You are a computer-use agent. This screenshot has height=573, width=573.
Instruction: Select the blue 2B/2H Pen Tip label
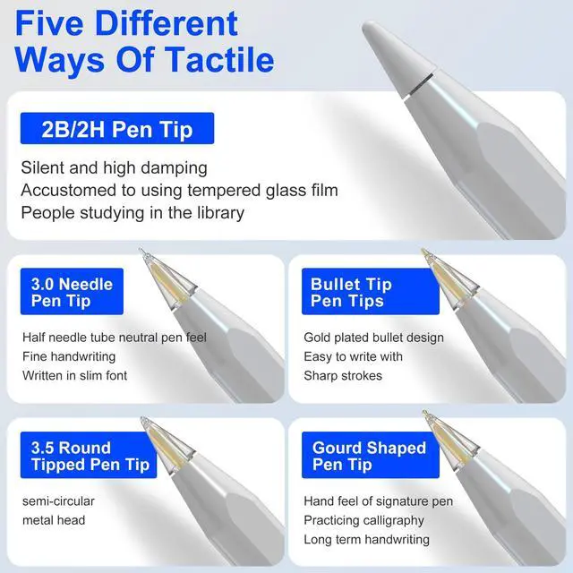coord(117,128)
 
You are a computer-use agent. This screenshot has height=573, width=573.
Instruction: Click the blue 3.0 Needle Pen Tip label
coord(72,291)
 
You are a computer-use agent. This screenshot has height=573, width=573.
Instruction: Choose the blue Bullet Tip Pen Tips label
coord(370,291)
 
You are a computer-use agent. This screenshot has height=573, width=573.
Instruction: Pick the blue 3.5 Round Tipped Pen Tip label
coord(89,455)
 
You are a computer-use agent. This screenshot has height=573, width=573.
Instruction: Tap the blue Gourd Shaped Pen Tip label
coord(370,455)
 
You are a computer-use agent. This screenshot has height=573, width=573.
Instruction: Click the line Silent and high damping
coord(114,167)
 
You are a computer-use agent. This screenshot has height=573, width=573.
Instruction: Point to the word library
coord(221,212)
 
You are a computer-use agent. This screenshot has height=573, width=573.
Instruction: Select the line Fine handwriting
coord(69,356)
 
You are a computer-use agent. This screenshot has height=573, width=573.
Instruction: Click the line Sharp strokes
coord(343,375)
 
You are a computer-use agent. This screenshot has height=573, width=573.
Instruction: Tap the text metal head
coord(54,520)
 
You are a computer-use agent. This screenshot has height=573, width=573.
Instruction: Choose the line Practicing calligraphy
coord(364,520)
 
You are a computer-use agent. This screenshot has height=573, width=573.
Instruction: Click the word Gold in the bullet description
coord(316,338)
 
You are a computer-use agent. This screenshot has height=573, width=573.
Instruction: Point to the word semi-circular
coord(58,501)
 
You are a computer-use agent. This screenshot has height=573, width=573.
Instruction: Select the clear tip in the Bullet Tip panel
coord(449,278)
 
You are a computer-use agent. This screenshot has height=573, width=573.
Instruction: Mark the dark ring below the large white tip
coord(420,87)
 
